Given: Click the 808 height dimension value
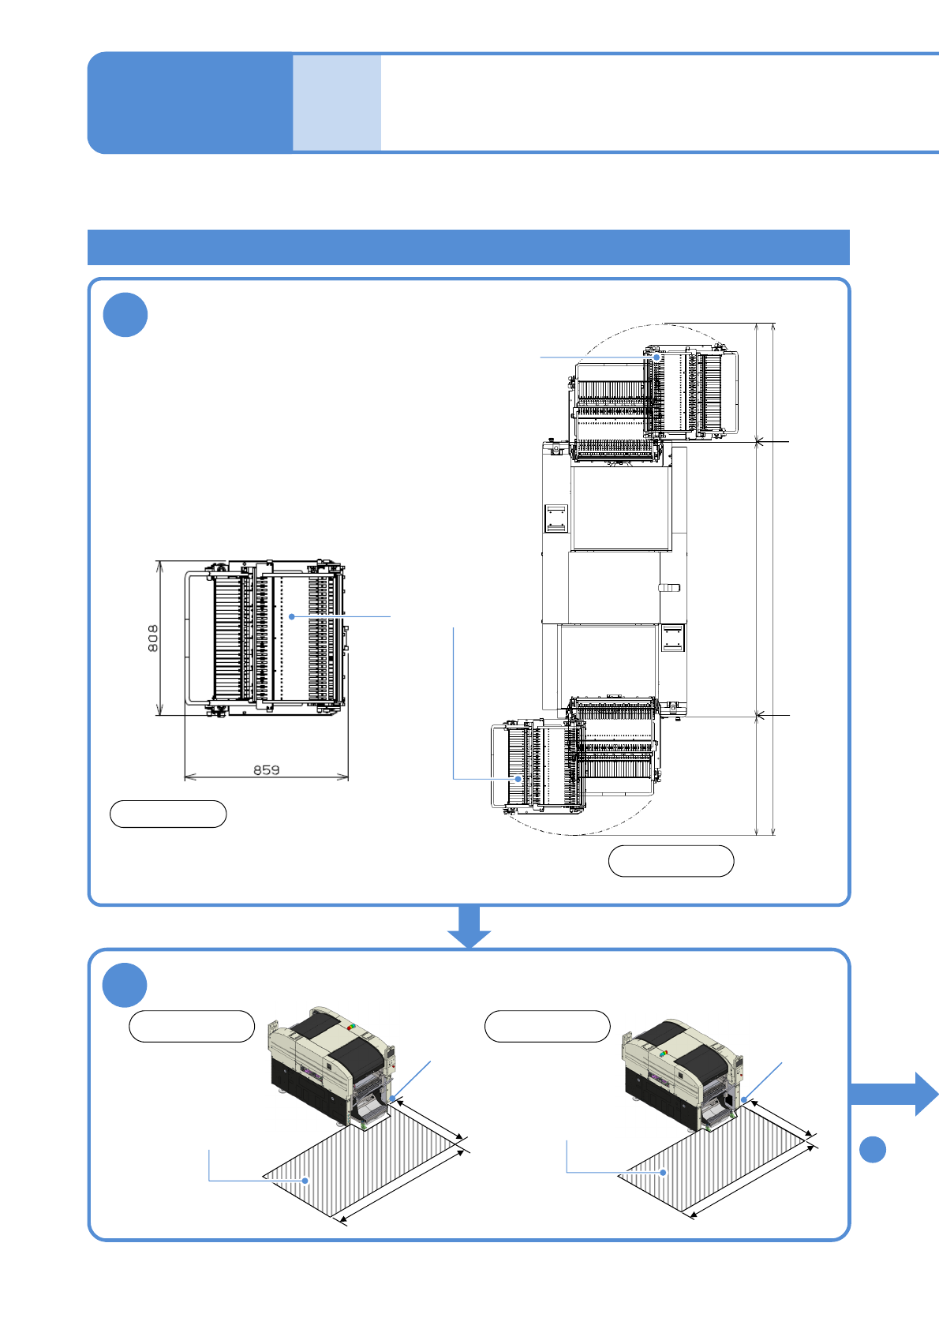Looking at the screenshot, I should click(x=153, y=638).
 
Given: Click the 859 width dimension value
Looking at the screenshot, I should click(x=267, y=769).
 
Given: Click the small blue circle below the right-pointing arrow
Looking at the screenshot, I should click(x=873, y=1149).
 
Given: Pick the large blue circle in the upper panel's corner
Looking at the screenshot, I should click(x=125, y=315).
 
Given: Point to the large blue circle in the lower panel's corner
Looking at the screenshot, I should click(x=125, y=985).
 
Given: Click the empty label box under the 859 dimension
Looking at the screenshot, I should click(x=168, y=814).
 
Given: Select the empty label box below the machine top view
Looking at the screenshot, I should click(x=671, y=861).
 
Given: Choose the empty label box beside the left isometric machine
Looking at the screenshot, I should click(x=192, y=1026).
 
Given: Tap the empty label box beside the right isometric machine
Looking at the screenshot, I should click(x=547, y=1026).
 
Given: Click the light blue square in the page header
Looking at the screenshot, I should click(x=337, y=103).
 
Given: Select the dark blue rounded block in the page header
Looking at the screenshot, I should click(x=189, y=103).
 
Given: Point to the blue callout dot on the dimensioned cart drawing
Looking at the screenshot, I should click(x=292, y=616).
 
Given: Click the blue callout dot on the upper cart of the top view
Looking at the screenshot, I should click(x=657, y=358).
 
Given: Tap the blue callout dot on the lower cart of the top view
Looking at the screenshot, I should click(x=518, y=779).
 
